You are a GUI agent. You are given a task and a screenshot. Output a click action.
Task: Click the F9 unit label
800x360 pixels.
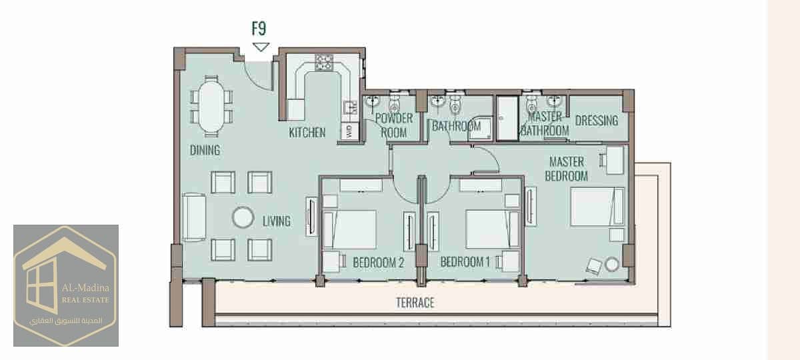point(259,29)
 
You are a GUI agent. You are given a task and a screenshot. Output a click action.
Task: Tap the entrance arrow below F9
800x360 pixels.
point(261,47)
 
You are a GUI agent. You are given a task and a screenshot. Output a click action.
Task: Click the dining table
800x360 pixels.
point(211,107)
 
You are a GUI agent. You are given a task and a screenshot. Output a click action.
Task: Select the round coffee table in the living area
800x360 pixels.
point(243,217)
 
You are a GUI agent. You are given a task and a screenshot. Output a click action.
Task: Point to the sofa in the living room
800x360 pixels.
point(194,217)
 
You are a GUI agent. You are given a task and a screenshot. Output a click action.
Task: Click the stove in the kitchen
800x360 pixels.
point(323,63)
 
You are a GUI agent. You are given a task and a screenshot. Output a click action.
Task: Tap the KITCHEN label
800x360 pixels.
point(307,133)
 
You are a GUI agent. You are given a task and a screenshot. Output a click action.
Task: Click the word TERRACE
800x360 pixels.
point(415,303)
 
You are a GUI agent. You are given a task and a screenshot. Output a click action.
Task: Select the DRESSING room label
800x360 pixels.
point(597,121)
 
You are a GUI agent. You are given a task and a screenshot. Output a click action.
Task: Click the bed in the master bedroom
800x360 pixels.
point(597,207)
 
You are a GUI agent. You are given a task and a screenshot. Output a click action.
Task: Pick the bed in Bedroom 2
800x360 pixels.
point(349,229)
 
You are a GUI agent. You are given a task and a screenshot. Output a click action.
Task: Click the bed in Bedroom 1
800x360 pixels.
point(493,229)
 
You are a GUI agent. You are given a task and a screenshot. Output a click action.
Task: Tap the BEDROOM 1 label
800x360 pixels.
point(465,262)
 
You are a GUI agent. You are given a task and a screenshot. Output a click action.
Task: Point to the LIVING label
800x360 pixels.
point(277,221)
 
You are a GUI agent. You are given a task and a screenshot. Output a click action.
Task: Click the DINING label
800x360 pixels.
point(205,151)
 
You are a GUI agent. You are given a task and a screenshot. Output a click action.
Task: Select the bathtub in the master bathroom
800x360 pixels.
point(507,118)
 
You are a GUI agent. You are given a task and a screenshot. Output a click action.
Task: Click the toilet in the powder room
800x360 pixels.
point(395,103)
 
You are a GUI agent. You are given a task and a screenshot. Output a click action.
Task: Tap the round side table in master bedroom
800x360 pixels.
point(612,264)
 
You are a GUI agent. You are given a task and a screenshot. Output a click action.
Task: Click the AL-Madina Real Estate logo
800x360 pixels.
point(66,286)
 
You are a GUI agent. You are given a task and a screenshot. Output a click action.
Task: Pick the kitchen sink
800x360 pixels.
point(350,107)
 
